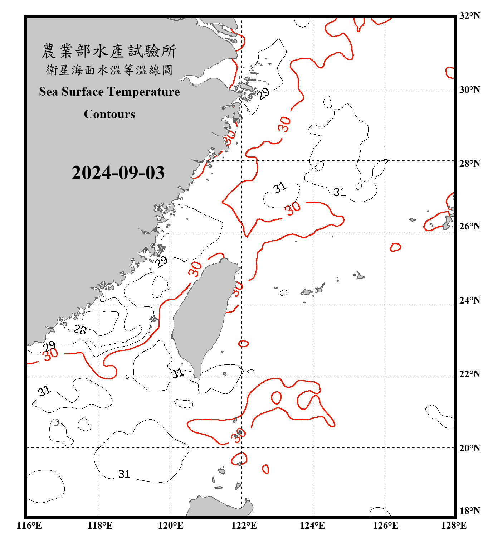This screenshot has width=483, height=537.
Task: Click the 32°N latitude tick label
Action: [469, 16]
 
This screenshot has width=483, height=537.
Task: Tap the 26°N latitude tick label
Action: [469, 226]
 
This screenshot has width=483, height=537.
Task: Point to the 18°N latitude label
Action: [469, 511]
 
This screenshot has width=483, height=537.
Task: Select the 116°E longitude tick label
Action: [29, 526]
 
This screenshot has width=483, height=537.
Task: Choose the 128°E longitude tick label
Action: [454, 526]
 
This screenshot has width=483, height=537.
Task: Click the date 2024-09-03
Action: [118, 173]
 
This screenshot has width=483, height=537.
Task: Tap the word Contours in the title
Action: [109, 114]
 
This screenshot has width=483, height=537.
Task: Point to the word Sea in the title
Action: [49, 92]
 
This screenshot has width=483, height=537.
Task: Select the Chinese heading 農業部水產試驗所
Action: [109, 51]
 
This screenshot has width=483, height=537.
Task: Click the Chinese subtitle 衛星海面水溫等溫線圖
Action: [109, 70]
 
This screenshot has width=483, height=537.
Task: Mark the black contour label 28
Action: [80, 329]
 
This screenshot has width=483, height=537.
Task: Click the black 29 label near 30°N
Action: [264, 93]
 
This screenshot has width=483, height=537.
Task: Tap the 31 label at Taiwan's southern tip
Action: [177, 373]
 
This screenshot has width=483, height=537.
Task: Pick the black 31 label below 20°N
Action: [124, 474]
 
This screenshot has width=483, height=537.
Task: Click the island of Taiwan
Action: [202, 315]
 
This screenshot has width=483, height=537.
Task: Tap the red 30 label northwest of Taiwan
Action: [195, 269]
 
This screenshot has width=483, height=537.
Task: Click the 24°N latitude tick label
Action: [469, 300]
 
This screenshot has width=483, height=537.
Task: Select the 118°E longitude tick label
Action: [100, 526]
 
